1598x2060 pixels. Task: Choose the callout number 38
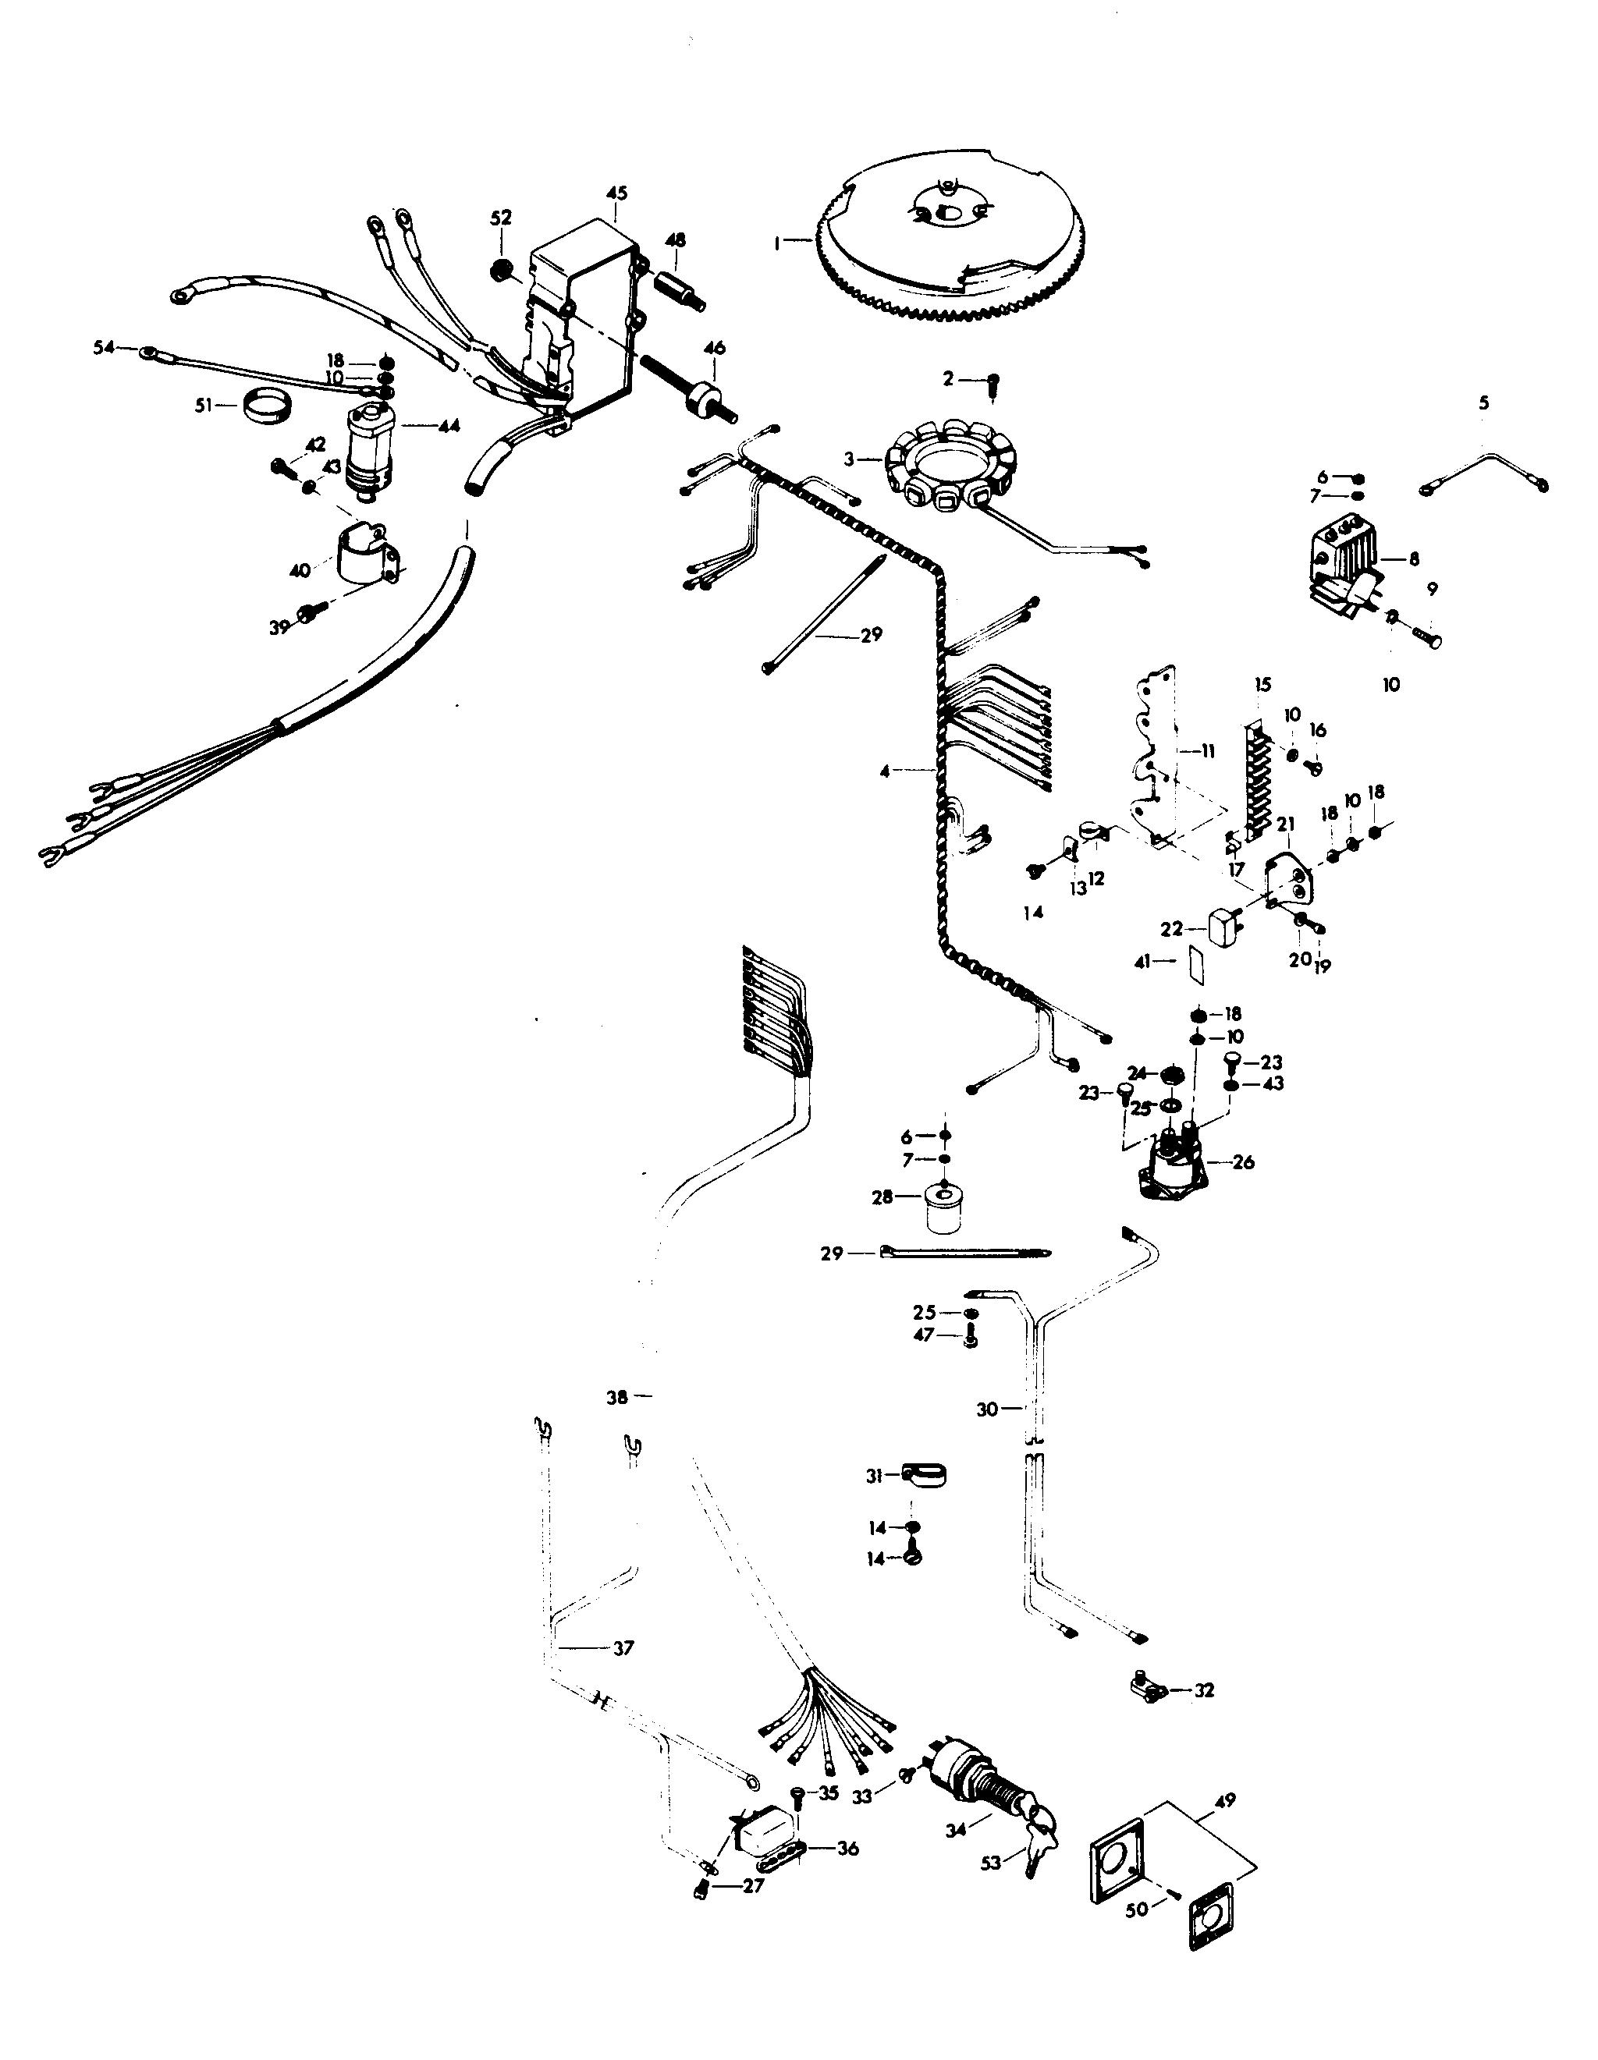point(616,1398)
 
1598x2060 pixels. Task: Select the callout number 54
point(104,348)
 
